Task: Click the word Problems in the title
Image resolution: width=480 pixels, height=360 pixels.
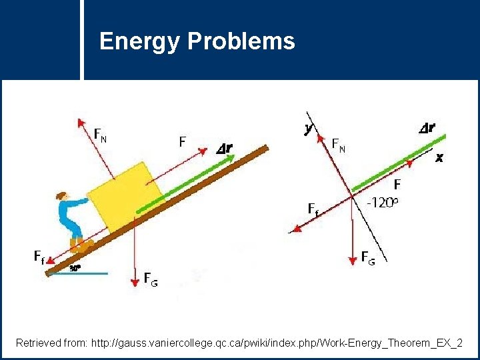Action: [x=241, y=42]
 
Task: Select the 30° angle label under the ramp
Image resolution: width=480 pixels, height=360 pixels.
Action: [x=75, y=269]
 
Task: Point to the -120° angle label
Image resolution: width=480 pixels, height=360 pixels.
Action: [x=384, y=203]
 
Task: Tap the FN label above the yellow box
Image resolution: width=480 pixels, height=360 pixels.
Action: [x=100, y=137]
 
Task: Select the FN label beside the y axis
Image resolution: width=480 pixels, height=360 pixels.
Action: [x=339, y=145]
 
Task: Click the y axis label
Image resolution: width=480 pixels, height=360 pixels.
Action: [x=309, y=129]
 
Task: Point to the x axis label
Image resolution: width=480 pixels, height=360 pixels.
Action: [x=439, y=158]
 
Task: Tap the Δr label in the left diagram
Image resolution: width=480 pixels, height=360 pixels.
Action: [x=225, y=149]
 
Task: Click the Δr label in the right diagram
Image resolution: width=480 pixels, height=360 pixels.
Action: [x=427, y=128]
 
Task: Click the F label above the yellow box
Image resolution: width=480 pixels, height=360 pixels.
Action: [x=182, y=141]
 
